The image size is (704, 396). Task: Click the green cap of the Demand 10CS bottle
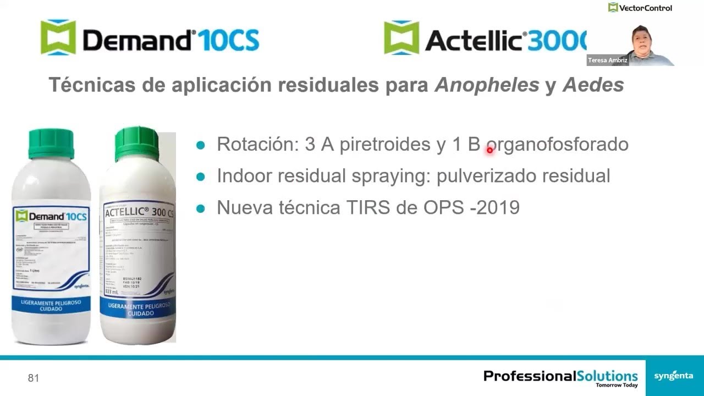pos(51,143)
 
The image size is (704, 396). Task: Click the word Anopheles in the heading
pos(487,85)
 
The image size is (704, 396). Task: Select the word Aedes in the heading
pos(592,85)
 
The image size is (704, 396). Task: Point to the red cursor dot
pos(490,150)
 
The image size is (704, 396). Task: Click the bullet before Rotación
pos(201,145)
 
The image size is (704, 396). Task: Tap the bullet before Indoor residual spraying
pos(201,177)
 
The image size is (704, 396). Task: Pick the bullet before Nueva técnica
pos(201,208)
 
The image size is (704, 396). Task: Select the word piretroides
pos(384,144)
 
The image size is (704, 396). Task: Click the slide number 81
pos(34,378)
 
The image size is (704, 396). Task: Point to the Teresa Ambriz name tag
pos(607,60)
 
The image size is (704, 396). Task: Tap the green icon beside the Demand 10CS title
pos(58,37)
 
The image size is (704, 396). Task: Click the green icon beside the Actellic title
pos(401,37)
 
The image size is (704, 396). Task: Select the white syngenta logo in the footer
pos(673,376)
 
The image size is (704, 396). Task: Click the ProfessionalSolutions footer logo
pos(560,377)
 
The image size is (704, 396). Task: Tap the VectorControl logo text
pos(645,8)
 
